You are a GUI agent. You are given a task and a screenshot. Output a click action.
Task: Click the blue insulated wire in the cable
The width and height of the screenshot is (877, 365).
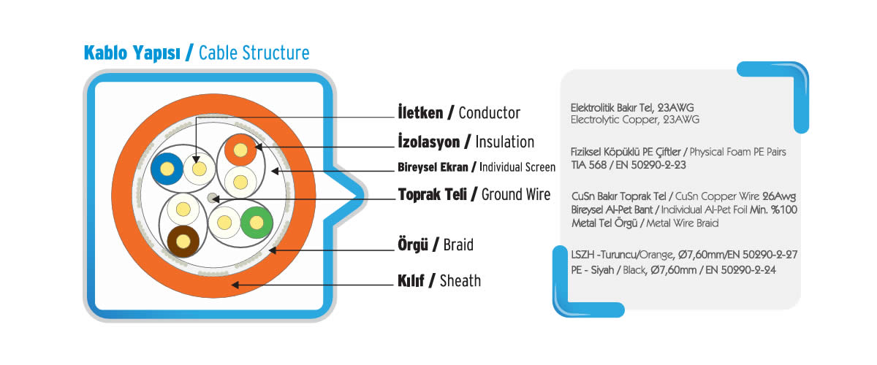(x=167, y=169)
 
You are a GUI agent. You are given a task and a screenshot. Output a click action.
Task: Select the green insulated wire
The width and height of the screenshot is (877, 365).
(x=257, y=223)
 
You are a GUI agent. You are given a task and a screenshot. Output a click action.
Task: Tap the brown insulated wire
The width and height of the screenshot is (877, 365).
(x=183, y=242)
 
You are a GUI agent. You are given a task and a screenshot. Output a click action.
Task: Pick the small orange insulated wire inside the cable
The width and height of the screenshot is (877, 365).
(x=240, y=150)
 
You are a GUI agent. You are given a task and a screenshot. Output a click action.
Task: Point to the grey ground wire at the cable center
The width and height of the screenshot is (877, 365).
(x=212, y=199)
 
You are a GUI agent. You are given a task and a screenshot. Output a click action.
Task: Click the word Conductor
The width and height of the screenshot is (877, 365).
(x=490, y=113)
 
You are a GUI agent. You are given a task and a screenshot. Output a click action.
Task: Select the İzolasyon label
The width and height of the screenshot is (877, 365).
(x=429, y=142)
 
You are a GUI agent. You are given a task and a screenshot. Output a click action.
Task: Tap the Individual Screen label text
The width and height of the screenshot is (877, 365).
(x=517, y=167)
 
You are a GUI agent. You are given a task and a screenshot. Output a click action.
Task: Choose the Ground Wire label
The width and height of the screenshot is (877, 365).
(x=516, y=194)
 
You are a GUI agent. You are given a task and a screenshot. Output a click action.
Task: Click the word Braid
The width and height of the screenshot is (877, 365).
(x=458, y=245)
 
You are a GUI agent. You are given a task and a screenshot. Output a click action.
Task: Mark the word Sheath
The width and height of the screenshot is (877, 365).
(x=460, y=281)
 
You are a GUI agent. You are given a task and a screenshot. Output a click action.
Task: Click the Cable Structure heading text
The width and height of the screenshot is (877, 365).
(x=254, y=53)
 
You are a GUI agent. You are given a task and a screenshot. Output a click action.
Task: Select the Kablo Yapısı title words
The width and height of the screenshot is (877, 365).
(x=132, y=53)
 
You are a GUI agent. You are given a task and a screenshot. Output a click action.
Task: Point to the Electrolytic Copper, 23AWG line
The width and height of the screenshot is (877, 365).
(x=634, y=120)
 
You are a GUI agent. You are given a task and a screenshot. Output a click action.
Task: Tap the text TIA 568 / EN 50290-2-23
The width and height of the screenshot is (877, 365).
(x=628, y=165)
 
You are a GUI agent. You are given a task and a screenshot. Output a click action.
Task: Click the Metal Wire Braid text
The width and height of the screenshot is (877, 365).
(x=682, y=223)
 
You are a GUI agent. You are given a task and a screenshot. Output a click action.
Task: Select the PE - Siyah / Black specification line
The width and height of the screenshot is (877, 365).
(x=673, y=270)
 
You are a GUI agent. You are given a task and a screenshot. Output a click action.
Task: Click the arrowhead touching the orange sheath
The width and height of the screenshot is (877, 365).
(x=235, y=285)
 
